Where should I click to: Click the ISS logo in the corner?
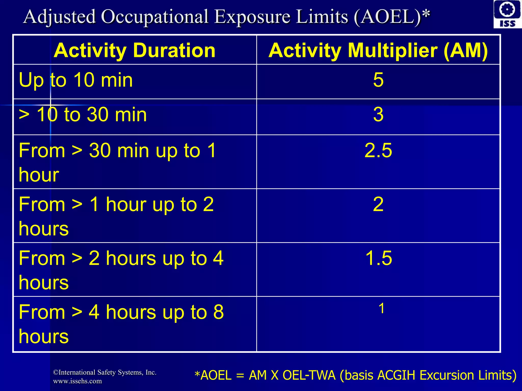(507, 14)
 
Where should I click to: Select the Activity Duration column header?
(135, 50)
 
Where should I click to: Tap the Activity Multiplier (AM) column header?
(378, 50)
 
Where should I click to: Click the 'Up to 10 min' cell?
(76, 80)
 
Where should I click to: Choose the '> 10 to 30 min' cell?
(83, 115)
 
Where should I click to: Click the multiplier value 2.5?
(378, 151)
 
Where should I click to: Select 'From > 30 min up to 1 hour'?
(117, 162)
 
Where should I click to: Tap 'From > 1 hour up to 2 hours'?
(116, 216)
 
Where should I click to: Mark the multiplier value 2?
(378, 204)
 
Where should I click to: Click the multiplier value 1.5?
(379, 258)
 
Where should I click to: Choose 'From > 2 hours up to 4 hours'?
(121, 270)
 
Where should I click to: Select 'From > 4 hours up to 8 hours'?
(121, 324)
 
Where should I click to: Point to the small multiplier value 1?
(382, 309)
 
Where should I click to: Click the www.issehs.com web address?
(77, 381)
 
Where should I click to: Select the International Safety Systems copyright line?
(105, 372)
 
